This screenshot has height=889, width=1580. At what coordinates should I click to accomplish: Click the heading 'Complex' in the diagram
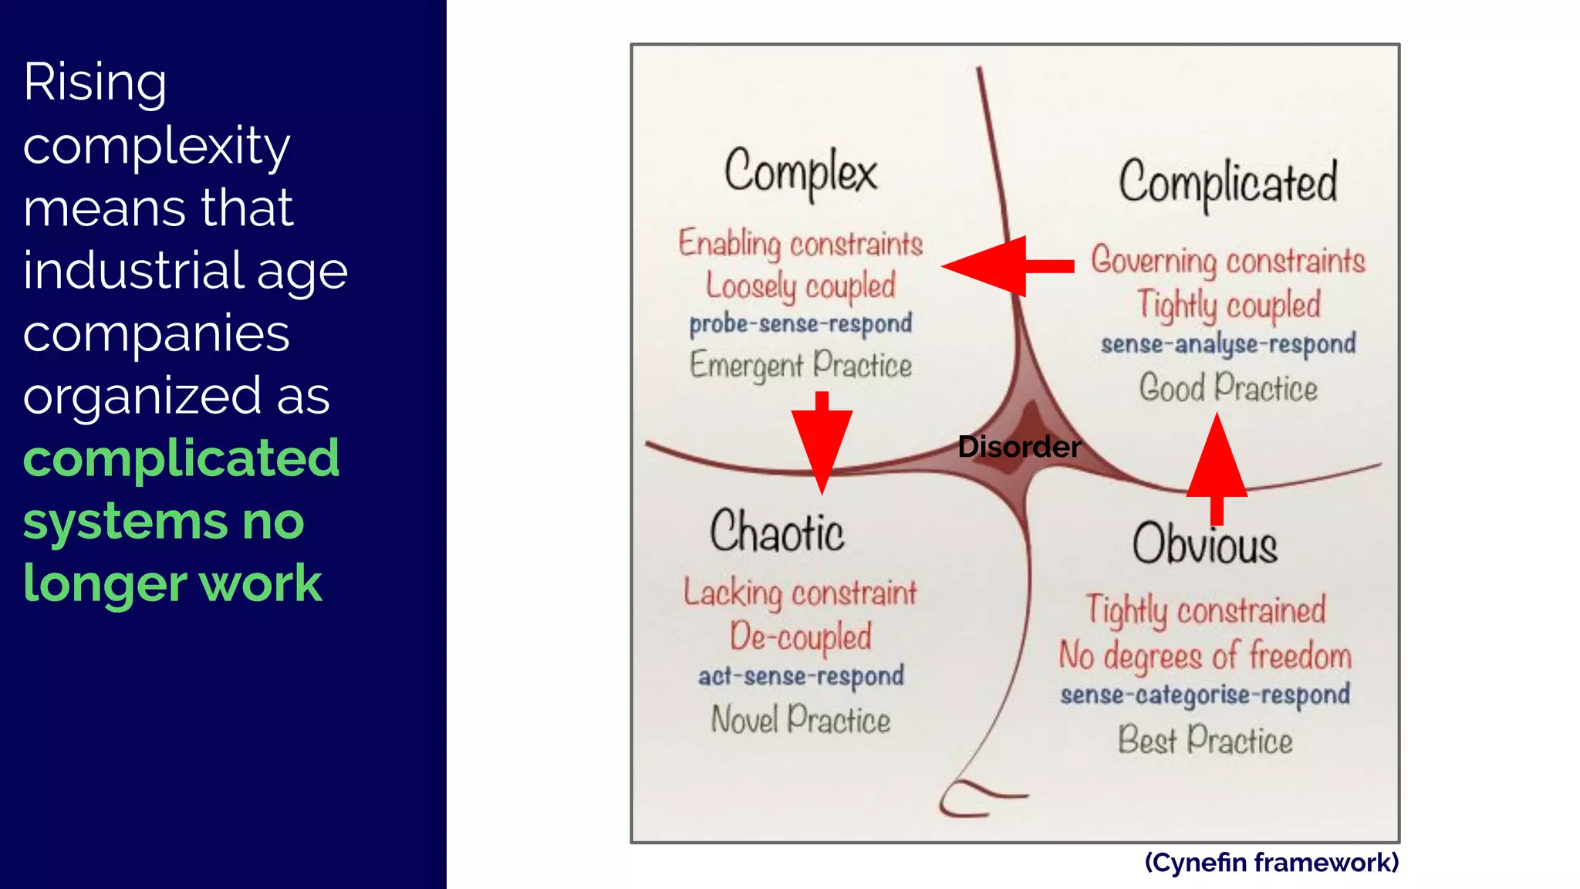tap(800, 171)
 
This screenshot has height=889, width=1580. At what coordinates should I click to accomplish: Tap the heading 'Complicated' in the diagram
tap(1228, 183)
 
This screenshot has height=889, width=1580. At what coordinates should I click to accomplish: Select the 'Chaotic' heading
tap(776, 532)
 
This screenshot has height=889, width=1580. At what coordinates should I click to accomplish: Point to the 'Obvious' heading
tap(1204, 544)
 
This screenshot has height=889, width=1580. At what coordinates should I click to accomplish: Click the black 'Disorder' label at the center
tap(1018, 447)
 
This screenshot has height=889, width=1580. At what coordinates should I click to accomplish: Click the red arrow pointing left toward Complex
tap(1003, 266)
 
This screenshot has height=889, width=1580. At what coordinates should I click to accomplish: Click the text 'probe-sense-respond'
tap(801, 323)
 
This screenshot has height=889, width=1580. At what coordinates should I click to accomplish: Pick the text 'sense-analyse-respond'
tap(1227, 343)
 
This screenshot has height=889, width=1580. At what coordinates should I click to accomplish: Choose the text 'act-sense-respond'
tap(801, 676)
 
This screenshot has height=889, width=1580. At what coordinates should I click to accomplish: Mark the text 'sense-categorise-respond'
tap(1205, 695)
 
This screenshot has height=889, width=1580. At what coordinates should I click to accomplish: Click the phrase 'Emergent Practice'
tap(801, 365)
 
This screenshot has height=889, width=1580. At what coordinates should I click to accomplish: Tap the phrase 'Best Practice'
tap(1205, 740)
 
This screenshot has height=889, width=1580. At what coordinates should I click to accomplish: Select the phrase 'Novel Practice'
tap(801, 720)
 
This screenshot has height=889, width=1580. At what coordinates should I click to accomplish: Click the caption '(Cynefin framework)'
tap(1271, 862)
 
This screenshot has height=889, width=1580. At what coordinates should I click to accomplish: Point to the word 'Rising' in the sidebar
tap(95, 82)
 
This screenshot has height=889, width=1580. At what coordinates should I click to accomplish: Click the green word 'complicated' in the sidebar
tap(181, 458)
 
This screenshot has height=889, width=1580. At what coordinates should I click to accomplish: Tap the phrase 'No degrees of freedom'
tap(1205, 656)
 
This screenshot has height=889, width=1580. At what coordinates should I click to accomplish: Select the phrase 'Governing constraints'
tap(1227, 261)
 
